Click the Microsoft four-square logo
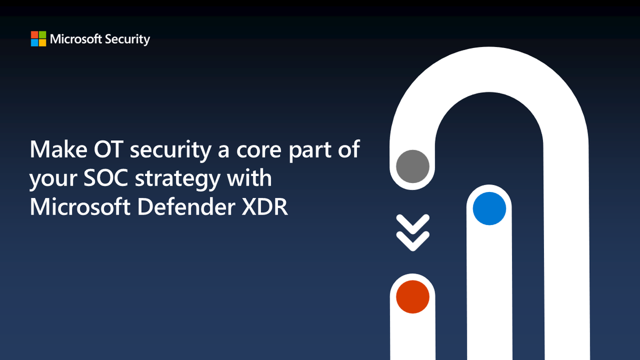point(38,39)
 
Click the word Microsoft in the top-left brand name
point(73,39)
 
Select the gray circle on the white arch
point(413,166)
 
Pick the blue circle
point(489,209)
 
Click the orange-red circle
point(413,296)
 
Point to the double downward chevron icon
point(413,233)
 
